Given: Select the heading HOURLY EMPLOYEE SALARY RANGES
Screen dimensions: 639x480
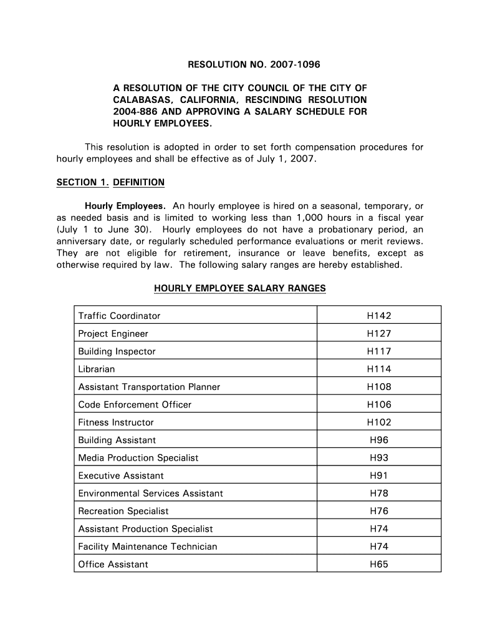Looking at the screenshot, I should [x=239, y=288].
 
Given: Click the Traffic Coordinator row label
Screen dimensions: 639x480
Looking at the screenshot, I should [x=119, y=316].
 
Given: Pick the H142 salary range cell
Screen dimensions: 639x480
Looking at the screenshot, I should [x=379, y=316].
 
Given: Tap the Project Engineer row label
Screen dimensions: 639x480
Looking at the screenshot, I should [x=113, y=334].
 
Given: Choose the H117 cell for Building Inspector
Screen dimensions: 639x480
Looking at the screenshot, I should [x=379, y=351].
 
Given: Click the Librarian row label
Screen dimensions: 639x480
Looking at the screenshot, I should [x=97, y=369].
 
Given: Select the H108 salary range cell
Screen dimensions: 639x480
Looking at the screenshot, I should [x=379, y=387].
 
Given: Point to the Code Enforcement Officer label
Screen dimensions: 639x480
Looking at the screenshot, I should [x=135, y=404].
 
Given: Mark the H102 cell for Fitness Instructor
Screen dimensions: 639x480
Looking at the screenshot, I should [x=379, y=422].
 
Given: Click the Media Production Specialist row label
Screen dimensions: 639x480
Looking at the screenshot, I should [x=138, y=458].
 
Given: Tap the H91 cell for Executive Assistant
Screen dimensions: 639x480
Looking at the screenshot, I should [x=379, y=476].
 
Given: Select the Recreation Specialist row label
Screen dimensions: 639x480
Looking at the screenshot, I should [x=123, y=511].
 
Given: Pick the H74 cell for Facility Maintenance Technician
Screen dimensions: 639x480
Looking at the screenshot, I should [x=379, y=547].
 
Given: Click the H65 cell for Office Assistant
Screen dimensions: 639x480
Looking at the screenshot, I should [x=379, y=564].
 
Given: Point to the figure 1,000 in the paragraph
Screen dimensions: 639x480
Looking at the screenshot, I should [x=312, y=218].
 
